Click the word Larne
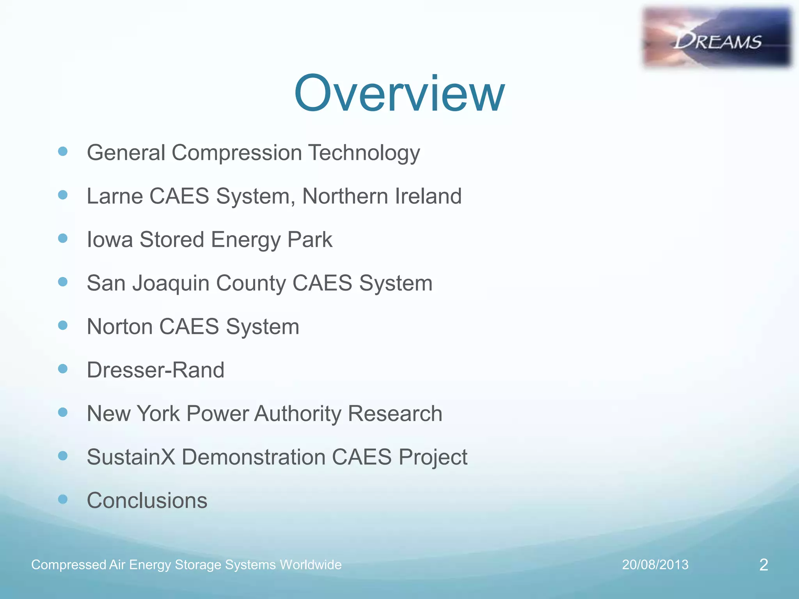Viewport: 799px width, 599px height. click(x=115, y=196)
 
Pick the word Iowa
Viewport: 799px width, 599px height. click(x=110, y=239)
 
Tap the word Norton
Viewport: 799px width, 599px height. click(x=120, y=326)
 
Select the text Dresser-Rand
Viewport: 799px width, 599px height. click(x=155, y=370)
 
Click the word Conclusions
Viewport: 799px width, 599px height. click(x=147, y=500)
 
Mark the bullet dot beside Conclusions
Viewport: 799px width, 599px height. click(x=63, y=499)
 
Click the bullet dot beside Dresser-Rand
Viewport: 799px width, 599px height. click(x=63, y=369)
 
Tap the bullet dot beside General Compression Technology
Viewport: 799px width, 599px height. click(x=63, y=151)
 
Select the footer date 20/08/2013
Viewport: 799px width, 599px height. click(x=655, y=565)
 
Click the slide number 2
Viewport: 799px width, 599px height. click(x=763, y=565)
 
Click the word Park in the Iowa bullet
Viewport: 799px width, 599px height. click(x=310, y=239)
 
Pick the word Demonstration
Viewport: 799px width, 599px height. click(x=254, y=457)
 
